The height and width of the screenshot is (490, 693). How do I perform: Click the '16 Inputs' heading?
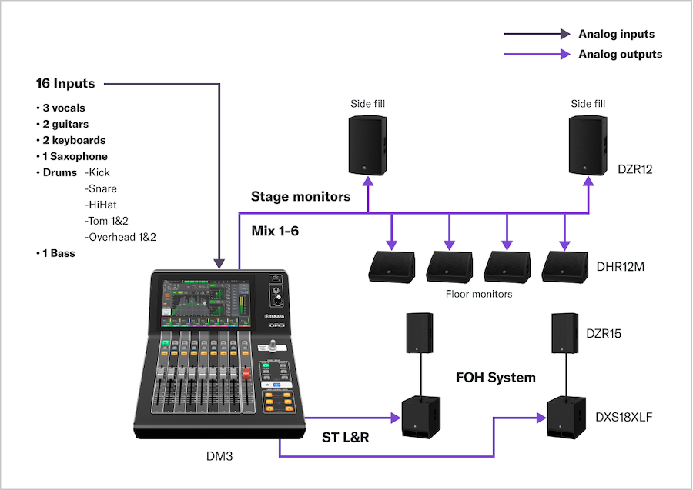point(65,83)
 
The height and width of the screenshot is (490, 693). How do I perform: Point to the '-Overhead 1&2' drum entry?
point(120,237)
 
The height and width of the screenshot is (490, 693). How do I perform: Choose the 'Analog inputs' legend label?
point(616,34)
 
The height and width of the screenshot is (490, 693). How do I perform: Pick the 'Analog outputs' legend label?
point(620,55)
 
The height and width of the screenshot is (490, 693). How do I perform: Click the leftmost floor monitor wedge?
point(390,265)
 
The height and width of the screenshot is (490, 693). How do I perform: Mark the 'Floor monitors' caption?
point(479,294)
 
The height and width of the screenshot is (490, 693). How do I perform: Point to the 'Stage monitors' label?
point(300,196)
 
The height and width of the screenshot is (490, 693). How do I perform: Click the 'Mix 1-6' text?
point(275,231)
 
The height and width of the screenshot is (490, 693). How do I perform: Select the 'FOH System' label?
point(495,378)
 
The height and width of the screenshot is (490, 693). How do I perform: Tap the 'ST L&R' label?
point(345,438)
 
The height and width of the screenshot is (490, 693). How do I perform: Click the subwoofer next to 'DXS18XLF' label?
point(567,420)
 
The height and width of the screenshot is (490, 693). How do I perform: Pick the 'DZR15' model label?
point(603,334)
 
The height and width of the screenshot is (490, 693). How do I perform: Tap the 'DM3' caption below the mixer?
point(219,456)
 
